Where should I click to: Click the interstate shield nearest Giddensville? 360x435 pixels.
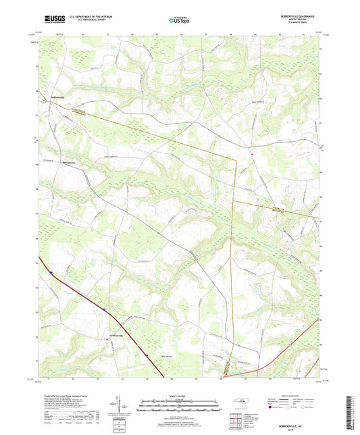pos(105,309)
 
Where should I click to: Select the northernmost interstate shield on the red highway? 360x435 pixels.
pos(51,272)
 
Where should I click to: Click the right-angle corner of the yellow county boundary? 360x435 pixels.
pos(235,159)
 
